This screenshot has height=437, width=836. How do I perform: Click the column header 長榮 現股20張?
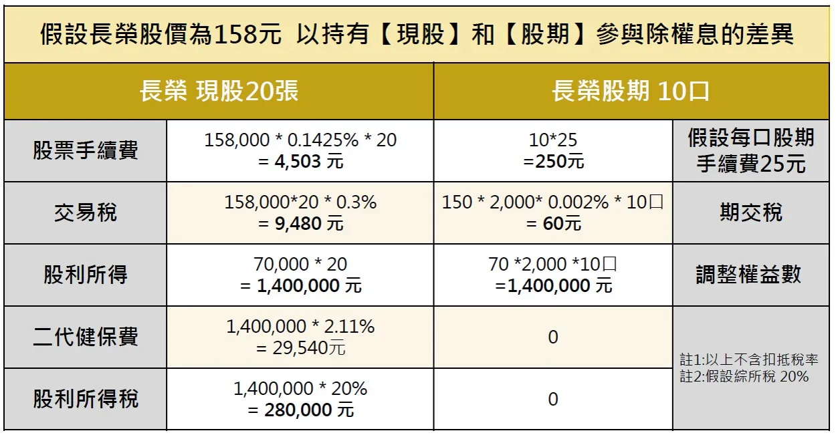(x=219, y=92)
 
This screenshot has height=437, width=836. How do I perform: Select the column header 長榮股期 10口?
(x=631, y=92)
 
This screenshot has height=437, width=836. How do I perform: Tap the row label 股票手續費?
(x=86, y=150)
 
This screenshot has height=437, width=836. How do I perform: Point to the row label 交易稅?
(x=86, y=212)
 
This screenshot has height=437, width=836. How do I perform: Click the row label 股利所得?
(x=86, y=275)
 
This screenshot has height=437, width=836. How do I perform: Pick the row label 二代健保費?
(x=86, y=337)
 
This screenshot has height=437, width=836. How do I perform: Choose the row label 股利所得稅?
(x=86, y=399)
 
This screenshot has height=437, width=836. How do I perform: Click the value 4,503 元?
(x=308, y=161)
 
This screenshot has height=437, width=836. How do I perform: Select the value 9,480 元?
(x=308, y=223)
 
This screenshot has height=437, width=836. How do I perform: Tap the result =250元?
(x=552, y=161)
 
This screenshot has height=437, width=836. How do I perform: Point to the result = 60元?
(x=554, y=223)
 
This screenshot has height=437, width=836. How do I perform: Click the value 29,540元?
(x=308, y=347)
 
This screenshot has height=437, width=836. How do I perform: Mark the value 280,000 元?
(x=308, y=410)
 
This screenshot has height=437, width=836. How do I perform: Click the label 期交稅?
(x=751, y=212)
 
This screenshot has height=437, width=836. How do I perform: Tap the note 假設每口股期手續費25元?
(x=751, y=150)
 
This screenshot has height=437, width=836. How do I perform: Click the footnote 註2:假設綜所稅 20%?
(x=744, y=376)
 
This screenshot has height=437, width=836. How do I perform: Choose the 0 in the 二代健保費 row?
(x=552, y=337)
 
